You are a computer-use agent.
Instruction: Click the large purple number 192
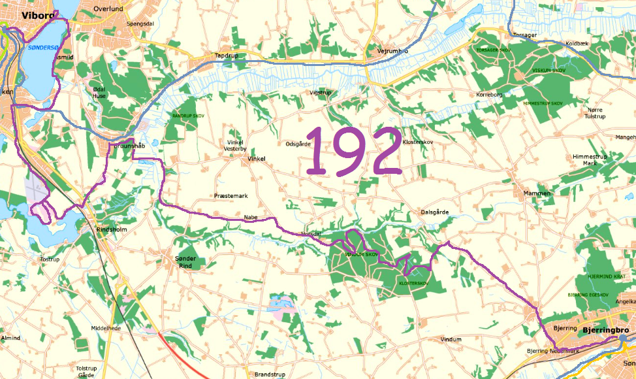click(x=353, y=152)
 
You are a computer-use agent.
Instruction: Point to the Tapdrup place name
click(x=227, y=56)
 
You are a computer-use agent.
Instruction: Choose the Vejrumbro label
click(x=392, y=51)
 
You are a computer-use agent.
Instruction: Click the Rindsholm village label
click(x=111, y=230)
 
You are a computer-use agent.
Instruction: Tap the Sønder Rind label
click(x=185, y=262)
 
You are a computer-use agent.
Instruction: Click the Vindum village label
click(x=451, y=339)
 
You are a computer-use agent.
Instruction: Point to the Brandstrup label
click(x=267, y=374)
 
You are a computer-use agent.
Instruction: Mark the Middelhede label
click(x=106, y=328)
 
